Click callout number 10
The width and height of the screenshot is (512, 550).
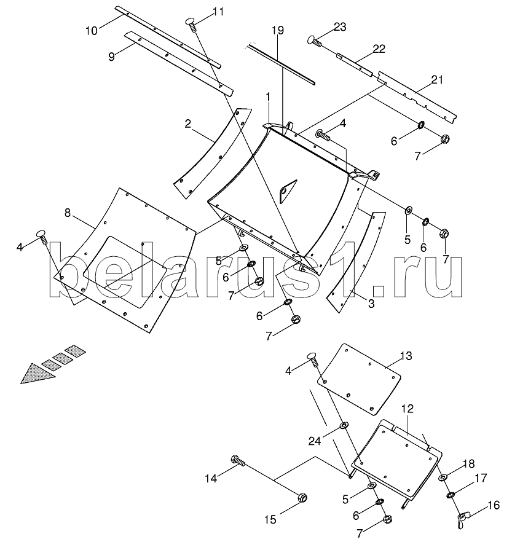91,31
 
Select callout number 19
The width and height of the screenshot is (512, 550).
277,30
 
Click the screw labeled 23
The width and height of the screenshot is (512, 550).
315,41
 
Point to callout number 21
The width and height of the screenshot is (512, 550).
436,80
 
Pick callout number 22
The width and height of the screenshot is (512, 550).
379,49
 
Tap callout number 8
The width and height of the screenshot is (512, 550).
68,213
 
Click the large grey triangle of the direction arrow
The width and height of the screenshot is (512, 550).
37,374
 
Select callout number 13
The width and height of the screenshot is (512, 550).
406,356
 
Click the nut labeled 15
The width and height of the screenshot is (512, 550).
302,498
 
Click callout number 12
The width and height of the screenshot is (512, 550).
408,409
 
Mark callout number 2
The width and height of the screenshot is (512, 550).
188,124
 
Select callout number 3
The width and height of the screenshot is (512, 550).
371,303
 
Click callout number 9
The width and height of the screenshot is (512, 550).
112,57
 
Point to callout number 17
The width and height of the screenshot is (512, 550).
481,477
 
